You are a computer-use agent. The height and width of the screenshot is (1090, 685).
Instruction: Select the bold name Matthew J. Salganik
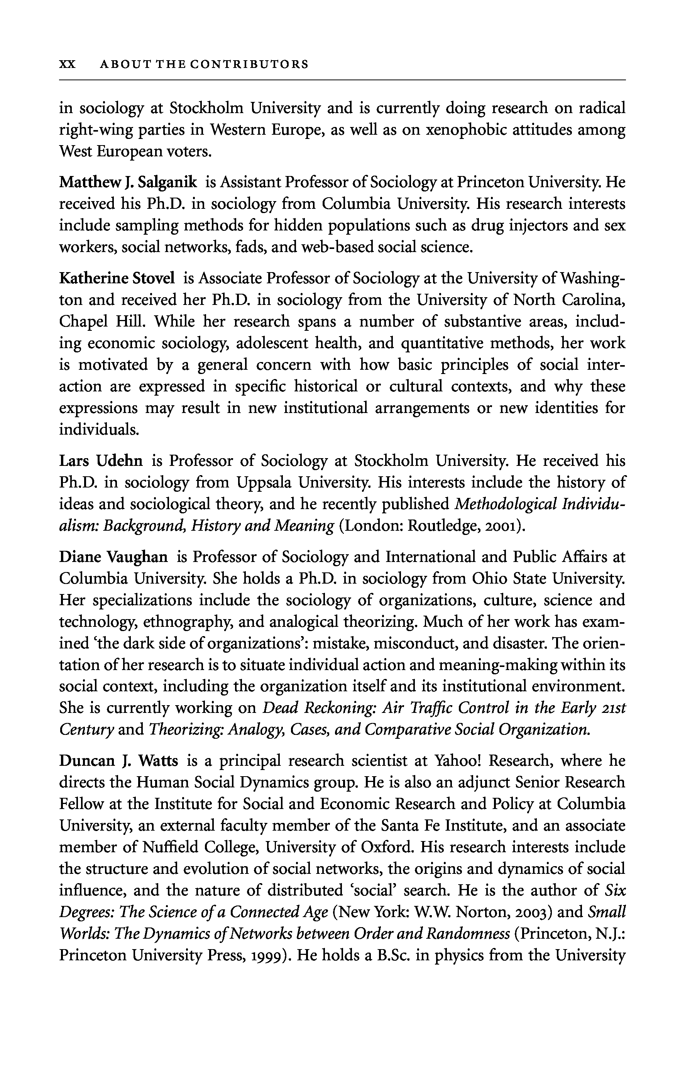[128, 183]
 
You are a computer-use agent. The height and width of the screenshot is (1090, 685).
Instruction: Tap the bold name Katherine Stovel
[117, 278]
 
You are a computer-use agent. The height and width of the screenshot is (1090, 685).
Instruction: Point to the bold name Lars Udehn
[101, 461]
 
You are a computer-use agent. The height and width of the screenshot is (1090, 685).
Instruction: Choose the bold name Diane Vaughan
[113, 557]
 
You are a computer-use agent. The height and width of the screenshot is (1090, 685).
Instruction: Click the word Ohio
[488, 579]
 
